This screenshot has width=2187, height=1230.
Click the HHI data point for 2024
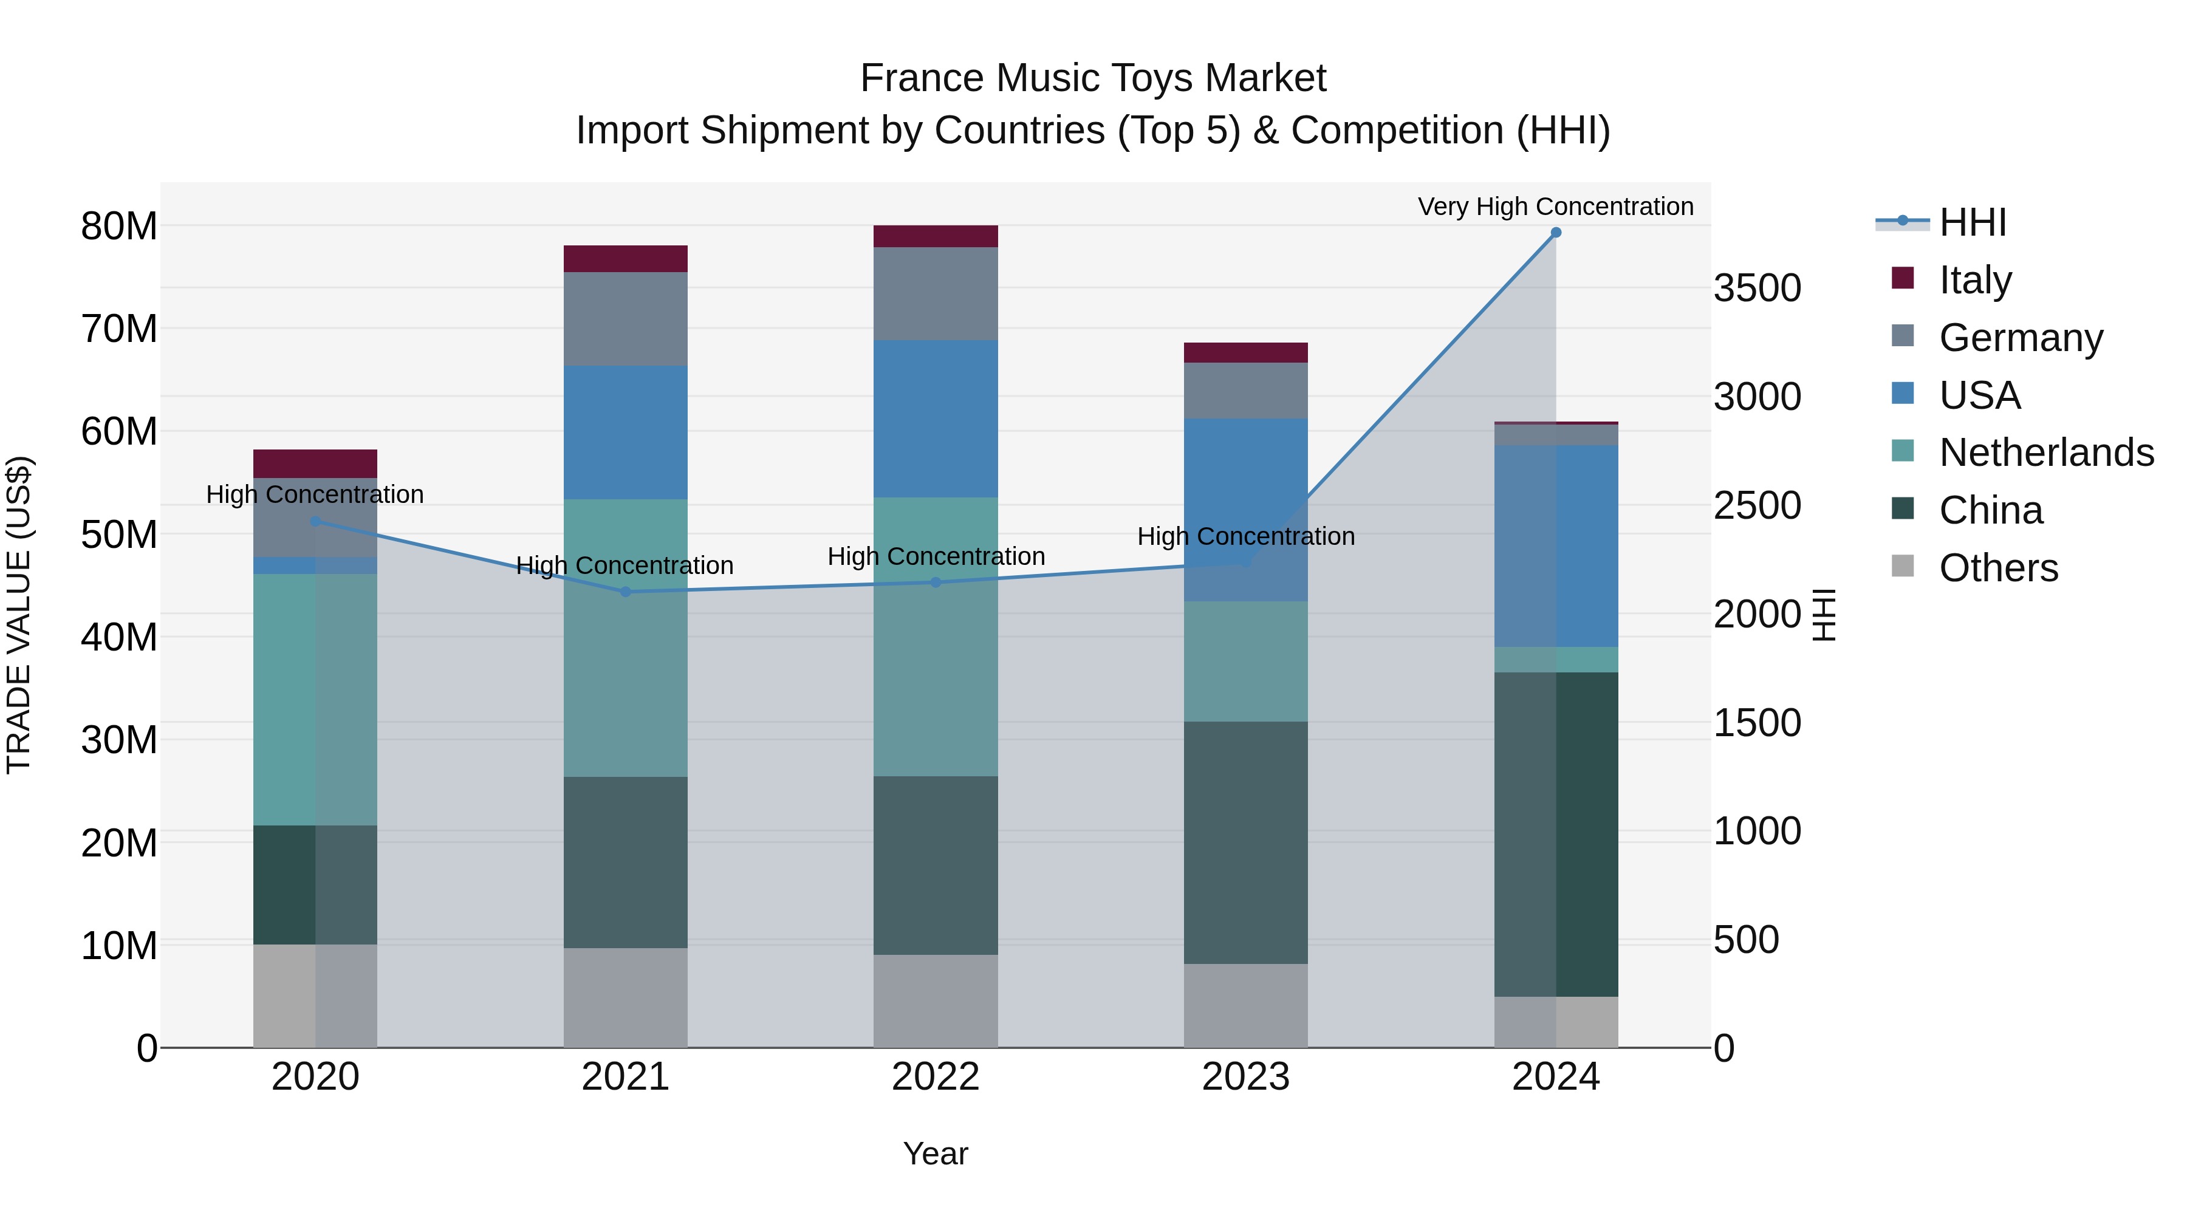[x=1555, y=233]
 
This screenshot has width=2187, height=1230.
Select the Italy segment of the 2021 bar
[x=625, y=259]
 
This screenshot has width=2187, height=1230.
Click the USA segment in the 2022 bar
[x=936, y=419]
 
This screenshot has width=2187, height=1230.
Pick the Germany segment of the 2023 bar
[x=1245, y=391]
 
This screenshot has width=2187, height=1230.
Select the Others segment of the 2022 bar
[x=936, y=1001]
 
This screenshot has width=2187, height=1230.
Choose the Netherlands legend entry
[x=2046, y=453]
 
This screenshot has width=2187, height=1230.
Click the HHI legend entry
[x=1972, y=222]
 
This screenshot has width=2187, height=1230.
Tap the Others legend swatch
[x=1903, y=566]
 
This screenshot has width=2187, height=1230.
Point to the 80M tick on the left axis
[x=119, y=227]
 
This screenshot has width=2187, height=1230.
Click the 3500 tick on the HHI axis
[x=1756, y=289]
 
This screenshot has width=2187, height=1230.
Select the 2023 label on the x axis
[x=1245, y=1077]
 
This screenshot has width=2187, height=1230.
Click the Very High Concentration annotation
[x=1555, y=207]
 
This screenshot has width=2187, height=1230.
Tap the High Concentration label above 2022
[x=936, y=557]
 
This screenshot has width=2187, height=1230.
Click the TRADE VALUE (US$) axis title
[x=19, y=615]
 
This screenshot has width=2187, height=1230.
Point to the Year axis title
[x=936, y=1153]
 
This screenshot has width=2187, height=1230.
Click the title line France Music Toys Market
[x=1093, y=78]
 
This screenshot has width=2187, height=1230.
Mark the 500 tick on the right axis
[x=1745, y=940]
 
